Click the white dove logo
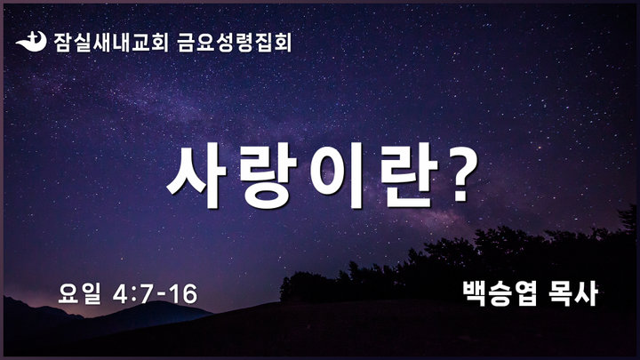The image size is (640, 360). (x=31, y=42)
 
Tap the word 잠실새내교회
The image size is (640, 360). (x=111, y=43)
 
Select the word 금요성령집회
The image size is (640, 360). (x=235, y=43)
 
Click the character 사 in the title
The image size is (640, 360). (x=196, y=175)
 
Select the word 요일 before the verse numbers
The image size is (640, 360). (x=79, y=293)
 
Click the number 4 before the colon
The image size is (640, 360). (x=121, y=294)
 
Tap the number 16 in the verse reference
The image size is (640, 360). (x=184, y=294)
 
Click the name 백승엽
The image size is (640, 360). (x=500, y=293)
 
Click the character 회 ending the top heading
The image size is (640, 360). (x=283, y=43)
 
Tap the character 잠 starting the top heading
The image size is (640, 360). (x=63, y=43)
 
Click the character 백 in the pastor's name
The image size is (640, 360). (x=475, y=293)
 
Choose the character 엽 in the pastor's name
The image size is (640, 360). (x=525, y=293)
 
